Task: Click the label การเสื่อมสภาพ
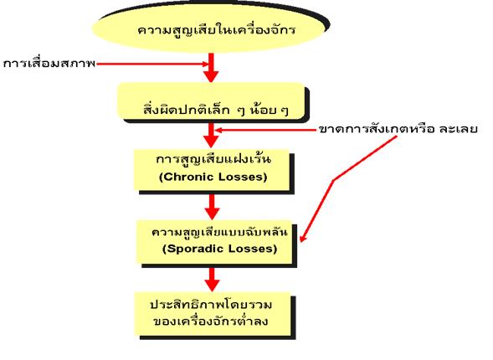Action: pyautogui.click(x=49, y=64)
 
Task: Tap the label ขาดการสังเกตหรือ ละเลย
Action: pyautogui.click(x=398, y=129)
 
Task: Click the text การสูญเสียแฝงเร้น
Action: pyautogui.click(x=213, y=158)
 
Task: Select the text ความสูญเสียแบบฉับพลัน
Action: pyautogui.click(x=219, y=232)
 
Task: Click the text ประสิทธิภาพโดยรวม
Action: pyautogui.click(x=211, y=305)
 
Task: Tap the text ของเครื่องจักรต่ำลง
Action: pyautogui.click(x=211, y=321)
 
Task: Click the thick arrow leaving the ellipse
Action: pyautogui.click(x=211, y=68)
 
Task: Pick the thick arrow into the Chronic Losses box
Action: pyautogui.click(x=211, y=135)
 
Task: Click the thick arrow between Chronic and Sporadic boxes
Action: pyautogui.click(x=212, y=207)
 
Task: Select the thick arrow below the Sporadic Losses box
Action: pyautogui.click(x=213, y=279)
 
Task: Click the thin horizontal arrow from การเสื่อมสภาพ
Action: pyautogui.click(x=152, y=64)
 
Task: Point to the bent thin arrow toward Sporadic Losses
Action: pyautogui.click(x=334, y=181)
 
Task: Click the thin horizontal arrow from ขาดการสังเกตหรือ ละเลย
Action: pyautogui.click(x=266, y=130)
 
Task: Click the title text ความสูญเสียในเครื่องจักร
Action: pyautogui.click(x=216, y=30)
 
